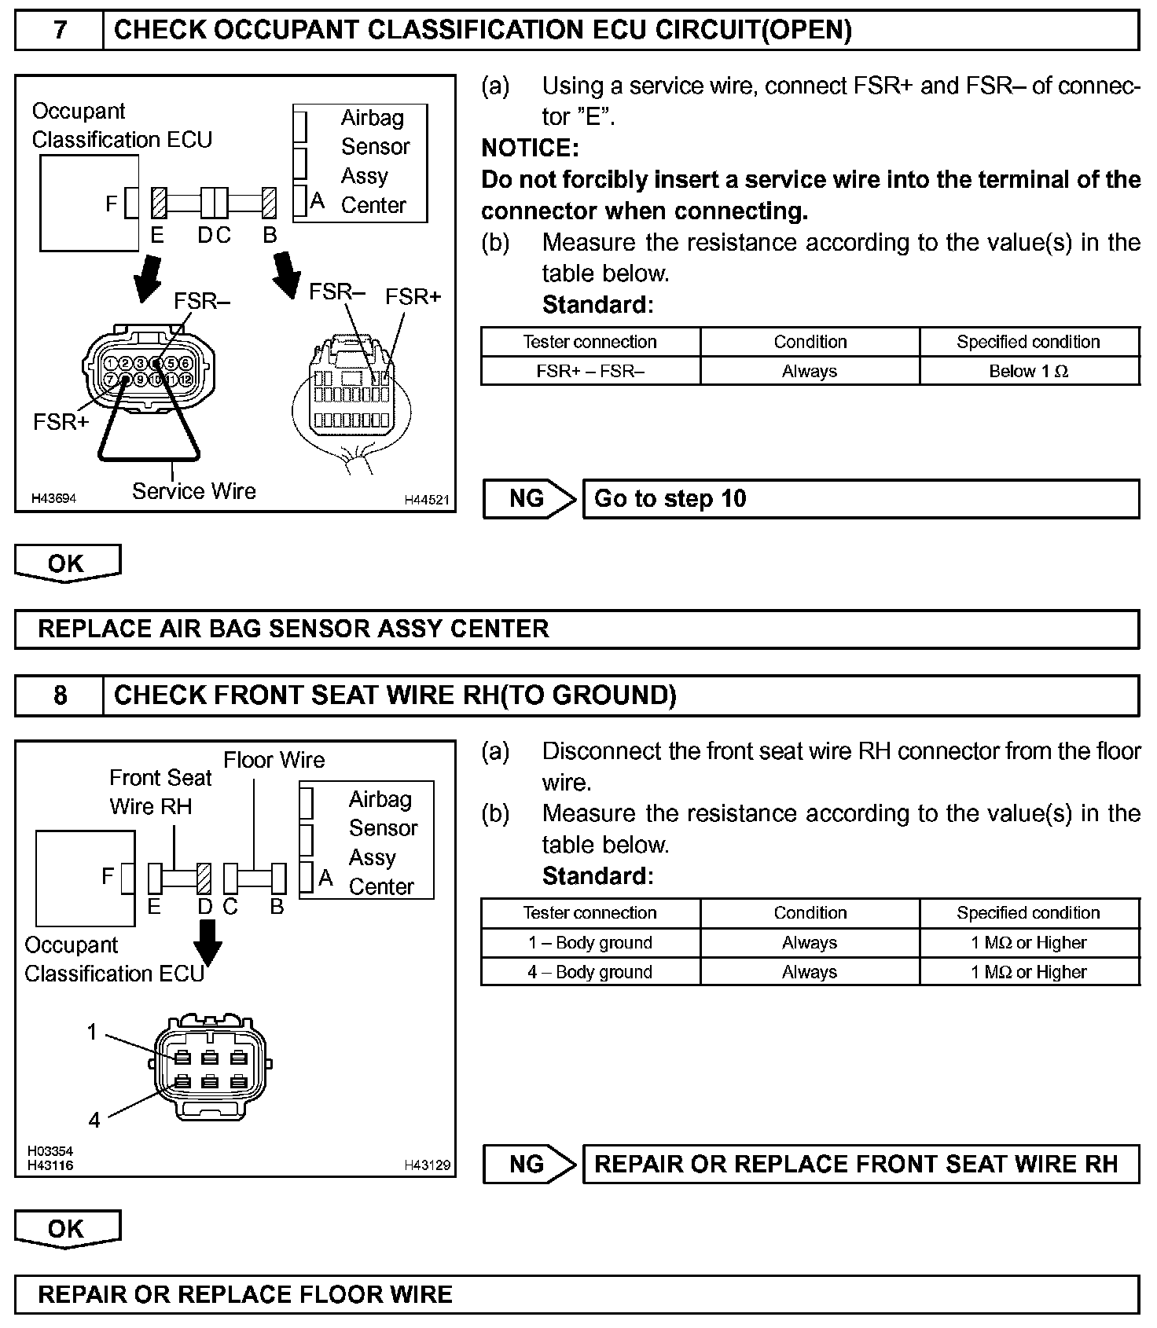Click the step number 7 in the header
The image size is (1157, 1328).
pyautogui.click(x=60, y=31)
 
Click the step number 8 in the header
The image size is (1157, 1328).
pyautogui.click(x=60, y=695)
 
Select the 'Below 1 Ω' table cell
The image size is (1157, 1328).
pyautogui.click(x=1028, y=371)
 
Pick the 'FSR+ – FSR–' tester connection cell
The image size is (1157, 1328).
pyautogui.click(x=590, y=371)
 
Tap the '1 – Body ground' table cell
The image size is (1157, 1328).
pyautogui.click(x=590, y=942)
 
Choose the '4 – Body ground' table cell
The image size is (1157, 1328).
pyautogui.click(x=590, y=972)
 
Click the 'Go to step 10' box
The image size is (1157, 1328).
pyautogui.click(x=860, y=499)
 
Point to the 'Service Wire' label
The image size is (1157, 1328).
pyautogui.click(x=193, y=491)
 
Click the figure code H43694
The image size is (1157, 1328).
pyautogui.click(x=53, y=498)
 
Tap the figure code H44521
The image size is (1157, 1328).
pyautogui.click(x=427, y=499)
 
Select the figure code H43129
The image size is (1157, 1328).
pyautogui.click(x=427, y=1165)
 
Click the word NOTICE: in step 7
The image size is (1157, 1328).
pyautogui.click(x=530, y=148)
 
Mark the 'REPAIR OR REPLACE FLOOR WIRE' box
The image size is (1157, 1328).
pyautogui.click(x=576, y=1294)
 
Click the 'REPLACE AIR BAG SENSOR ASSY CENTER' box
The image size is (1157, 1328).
pyautogui.click(x=576, y=629)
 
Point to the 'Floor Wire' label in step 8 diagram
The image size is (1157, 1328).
pyautogui.click(x=274, y=760)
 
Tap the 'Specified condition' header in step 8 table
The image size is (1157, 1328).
pyautogui.click(x=1028, y=912)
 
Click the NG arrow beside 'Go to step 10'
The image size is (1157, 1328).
pyautogui.click(x=529, y=499)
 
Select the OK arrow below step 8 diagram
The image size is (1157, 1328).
pyautogui.click(x=67, y=1229)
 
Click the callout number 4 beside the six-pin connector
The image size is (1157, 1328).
pyautogui.click(x=94, y=1120)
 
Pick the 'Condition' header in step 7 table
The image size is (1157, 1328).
pyautogui.click(x=810, y=342)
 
